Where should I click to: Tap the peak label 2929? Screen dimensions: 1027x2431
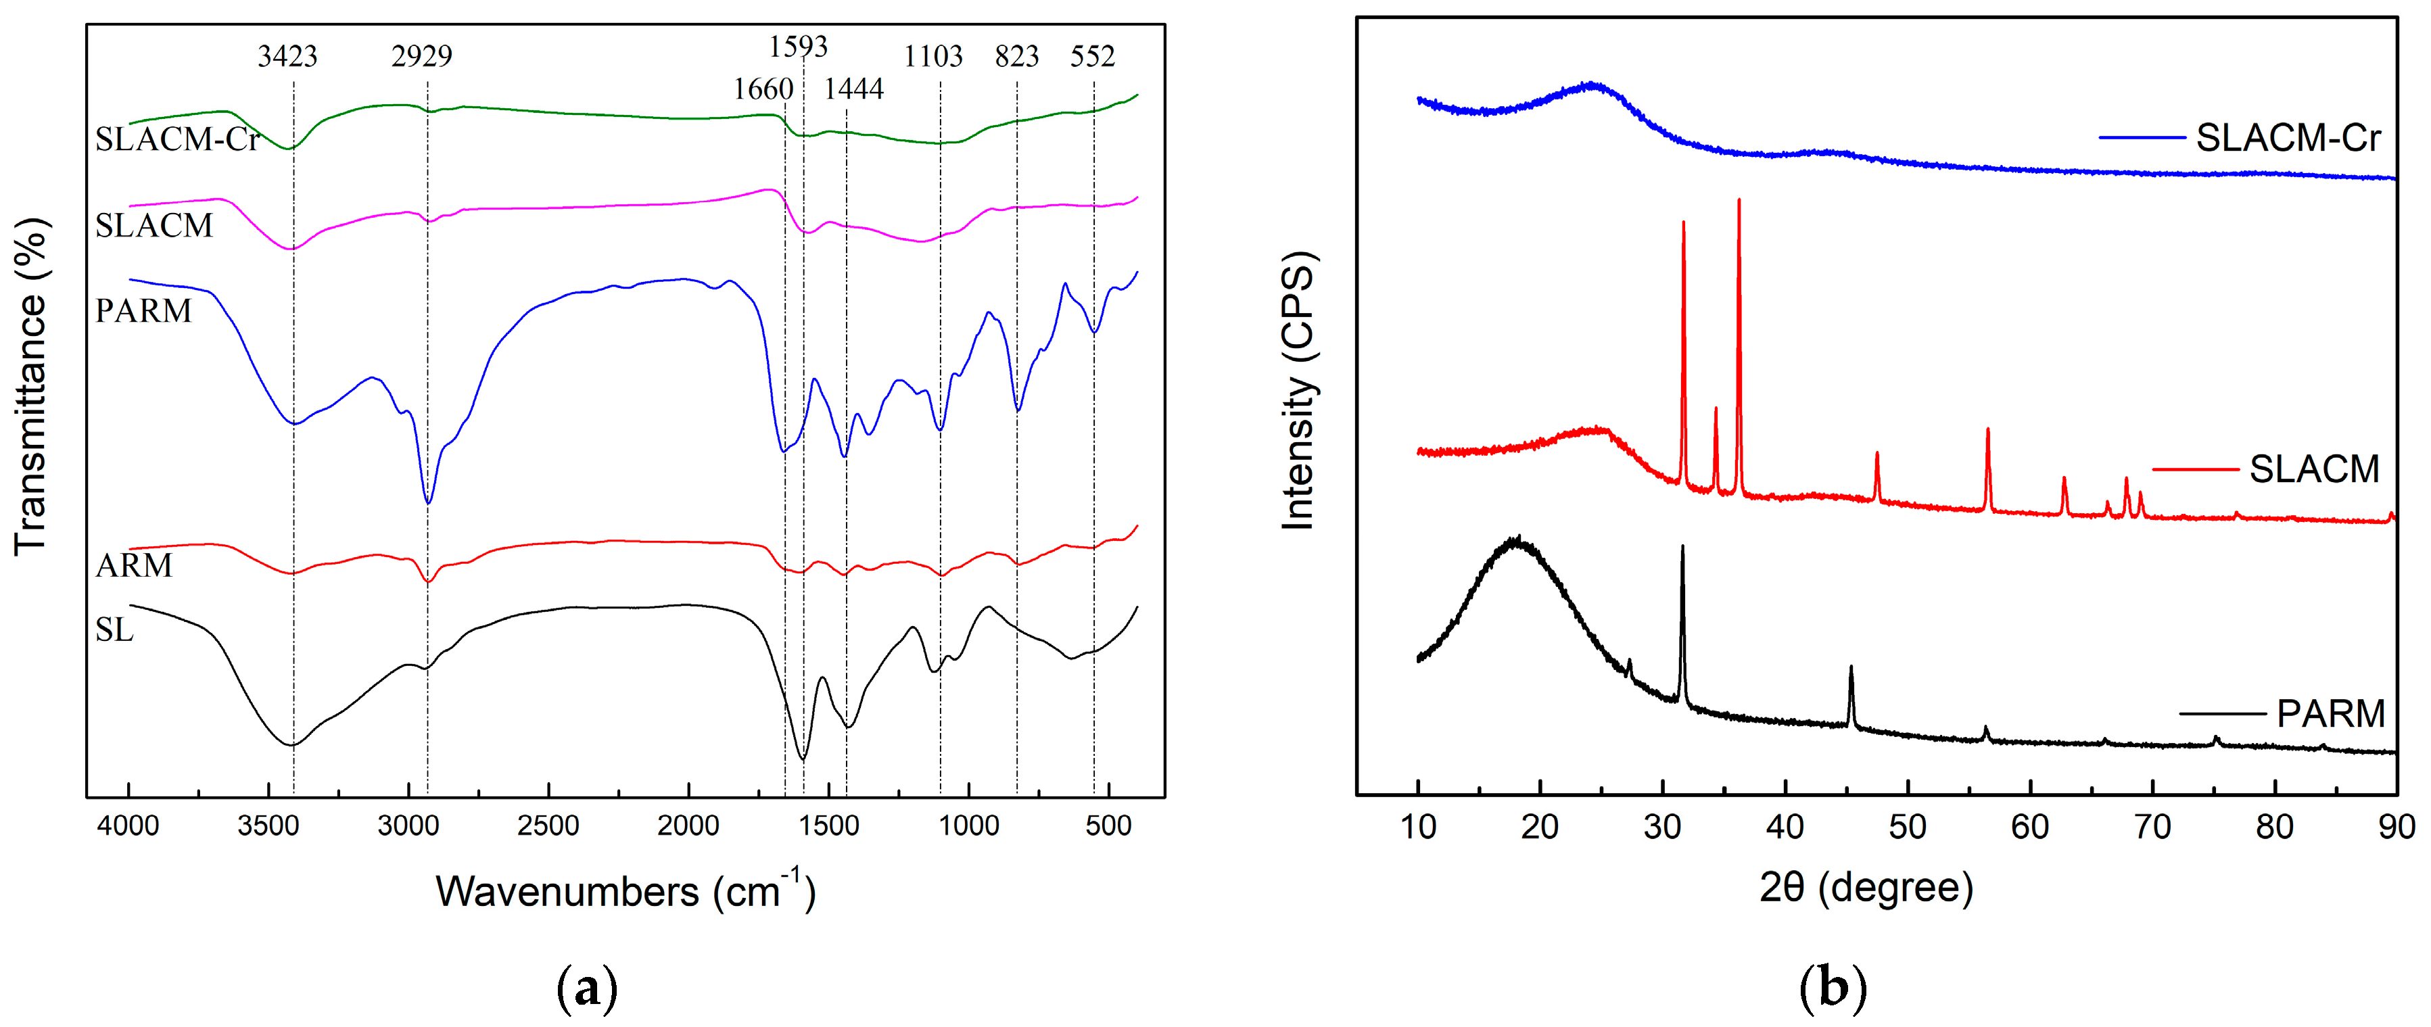click(422, 57)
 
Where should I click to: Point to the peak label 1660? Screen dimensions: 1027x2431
click(763, 90)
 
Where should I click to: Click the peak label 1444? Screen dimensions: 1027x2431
click(853, 90)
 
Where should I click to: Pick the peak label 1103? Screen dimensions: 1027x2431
click(933, 57)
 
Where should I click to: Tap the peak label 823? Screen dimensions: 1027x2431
click(1016, 57)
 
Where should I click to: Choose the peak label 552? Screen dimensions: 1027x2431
click(1092, 57)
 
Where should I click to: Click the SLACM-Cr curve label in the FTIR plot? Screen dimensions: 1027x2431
click(176, 140)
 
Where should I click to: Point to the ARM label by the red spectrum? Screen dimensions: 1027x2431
click(134, 565)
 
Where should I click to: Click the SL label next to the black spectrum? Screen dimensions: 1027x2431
click(114, 629)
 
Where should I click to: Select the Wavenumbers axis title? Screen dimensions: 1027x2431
click(625, 891)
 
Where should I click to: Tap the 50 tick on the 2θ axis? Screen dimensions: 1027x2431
click(1907, 827)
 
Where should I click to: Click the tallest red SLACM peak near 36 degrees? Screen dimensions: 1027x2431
click(1739, 203)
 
